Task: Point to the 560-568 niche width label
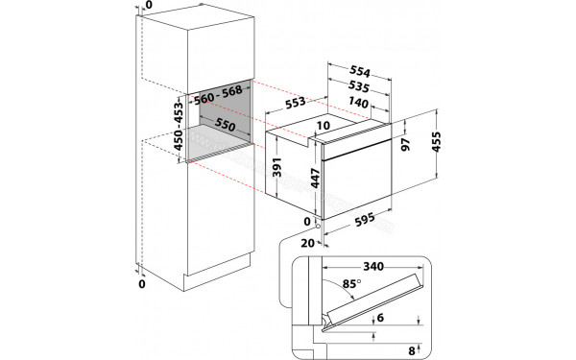(x=218, y=97)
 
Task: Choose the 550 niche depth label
(x=225, y=125)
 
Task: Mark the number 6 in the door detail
(x=380, y=318)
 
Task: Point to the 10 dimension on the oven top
(x=323, y=126)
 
